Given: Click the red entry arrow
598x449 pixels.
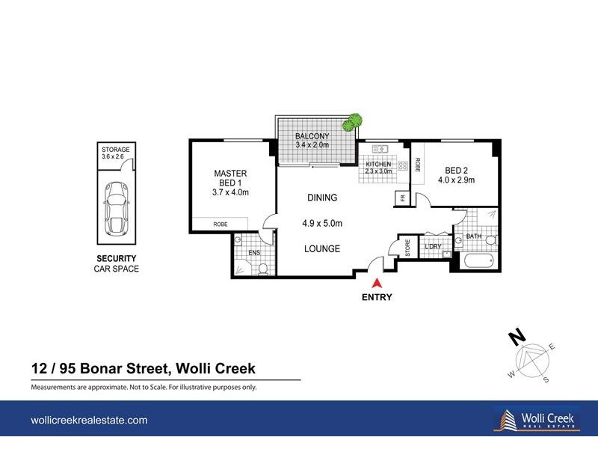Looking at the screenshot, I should click(377, 282).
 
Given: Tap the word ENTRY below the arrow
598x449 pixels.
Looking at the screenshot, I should click(377, 296).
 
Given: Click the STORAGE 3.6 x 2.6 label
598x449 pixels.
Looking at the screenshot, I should click(116, 153).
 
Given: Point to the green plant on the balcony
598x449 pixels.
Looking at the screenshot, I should click(352, 122).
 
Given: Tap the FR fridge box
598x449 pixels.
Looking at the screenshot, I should click(401, 198).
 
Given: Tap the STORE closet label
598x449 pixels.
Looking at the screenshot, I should click(408, 248).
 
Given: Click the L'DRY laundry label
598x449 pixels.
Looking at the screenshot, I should click(432, 246).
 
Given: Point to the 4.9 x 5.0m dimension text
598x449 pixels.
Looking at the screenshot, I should click(322, 223).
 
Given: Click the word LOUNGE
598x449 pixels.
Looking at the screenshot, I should click(322, 248).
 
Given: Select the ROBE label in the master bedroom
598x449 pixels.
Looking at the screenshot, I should click(220, 223).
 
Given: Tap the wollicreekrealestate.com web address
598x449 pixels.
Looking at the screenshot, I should click(89, 421).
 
